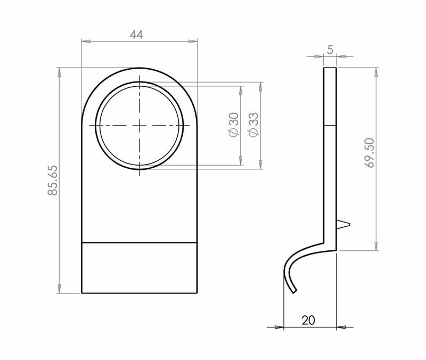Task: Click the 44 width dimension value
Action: (136, 35)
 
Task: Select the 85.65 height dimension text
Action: (53, 180)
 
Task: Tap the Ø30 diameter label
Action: (234, 125)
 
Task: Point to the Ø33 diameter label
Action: (253, 125)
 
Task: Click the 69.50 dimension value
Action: (370, 153)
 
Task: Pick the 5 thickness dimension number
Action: (330, 50)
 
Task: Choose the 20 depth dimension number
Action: (308, 321)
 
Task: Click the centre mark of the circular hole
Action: (140, 126)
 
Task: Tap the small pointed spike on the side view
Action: (343, 224)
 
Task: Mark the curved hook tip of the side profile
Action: (294, 291)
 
